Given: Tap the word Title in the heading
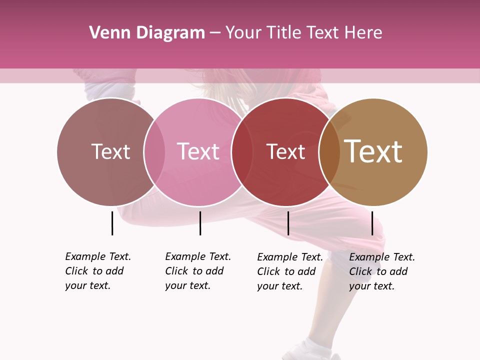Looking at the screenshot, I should tap(284, 33).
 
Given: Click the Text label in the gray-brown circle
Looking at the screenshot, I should tap(110, 151).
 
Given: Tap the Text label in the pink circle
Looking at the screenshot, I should tap(198, 151).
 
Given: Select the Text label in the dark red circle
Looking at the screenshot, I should tap(285, 151).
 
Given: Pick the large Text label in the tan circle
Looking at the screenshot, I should tap(373, 151).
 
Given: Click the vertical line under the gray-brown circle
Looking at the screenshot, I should tap(112, 223).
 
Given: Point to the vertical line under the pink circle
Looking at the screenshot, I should tap(200, 223).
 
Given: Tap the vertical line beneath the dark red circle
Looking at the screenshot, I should tap(288, 223).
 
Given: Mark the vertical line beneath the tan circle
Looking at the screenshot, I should tap(372, 223).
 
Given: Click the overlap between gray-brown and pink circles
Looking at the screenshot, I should tap(154, 151).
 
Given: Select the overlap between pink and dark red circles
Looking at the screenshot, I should tap(242, 151).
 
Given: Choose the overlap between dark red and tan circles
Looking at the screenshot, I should tap(329, 151).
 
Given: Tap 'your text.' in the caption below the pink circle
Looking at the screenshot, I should tap(187, 285).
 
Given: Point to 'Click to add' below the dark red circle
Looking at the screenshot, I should tap(286, 271).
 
